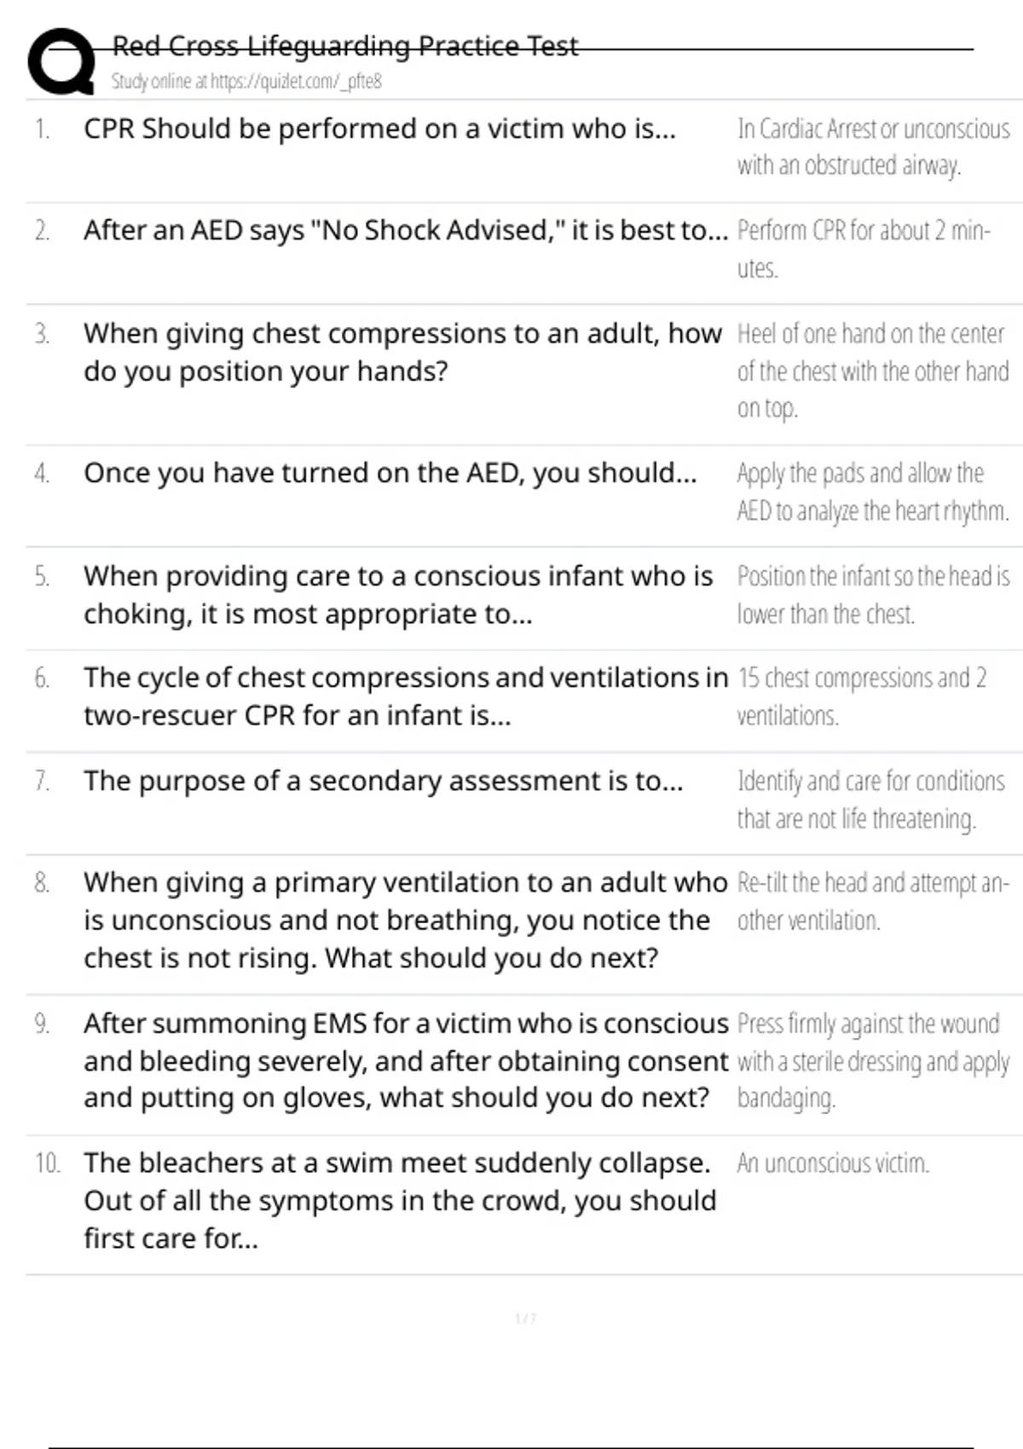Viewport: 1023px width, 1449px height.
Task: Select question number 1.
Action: pos(42,129)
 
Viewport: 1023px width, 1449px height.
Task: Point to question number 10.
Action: pos(47,1163)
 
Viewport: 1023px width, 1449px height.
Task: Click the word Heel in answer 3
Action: pos(755,333)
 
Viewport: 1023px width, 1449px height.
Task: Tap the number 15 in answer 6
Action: pos(748,678)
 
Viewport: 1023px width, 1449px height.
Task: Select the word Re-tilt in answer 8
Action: pos(762,882)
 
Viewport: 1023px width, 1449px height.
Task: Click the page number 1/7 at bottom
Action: pos(526,1319)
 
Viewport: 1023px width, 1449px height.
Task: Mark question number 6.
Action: pos(42,678)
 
